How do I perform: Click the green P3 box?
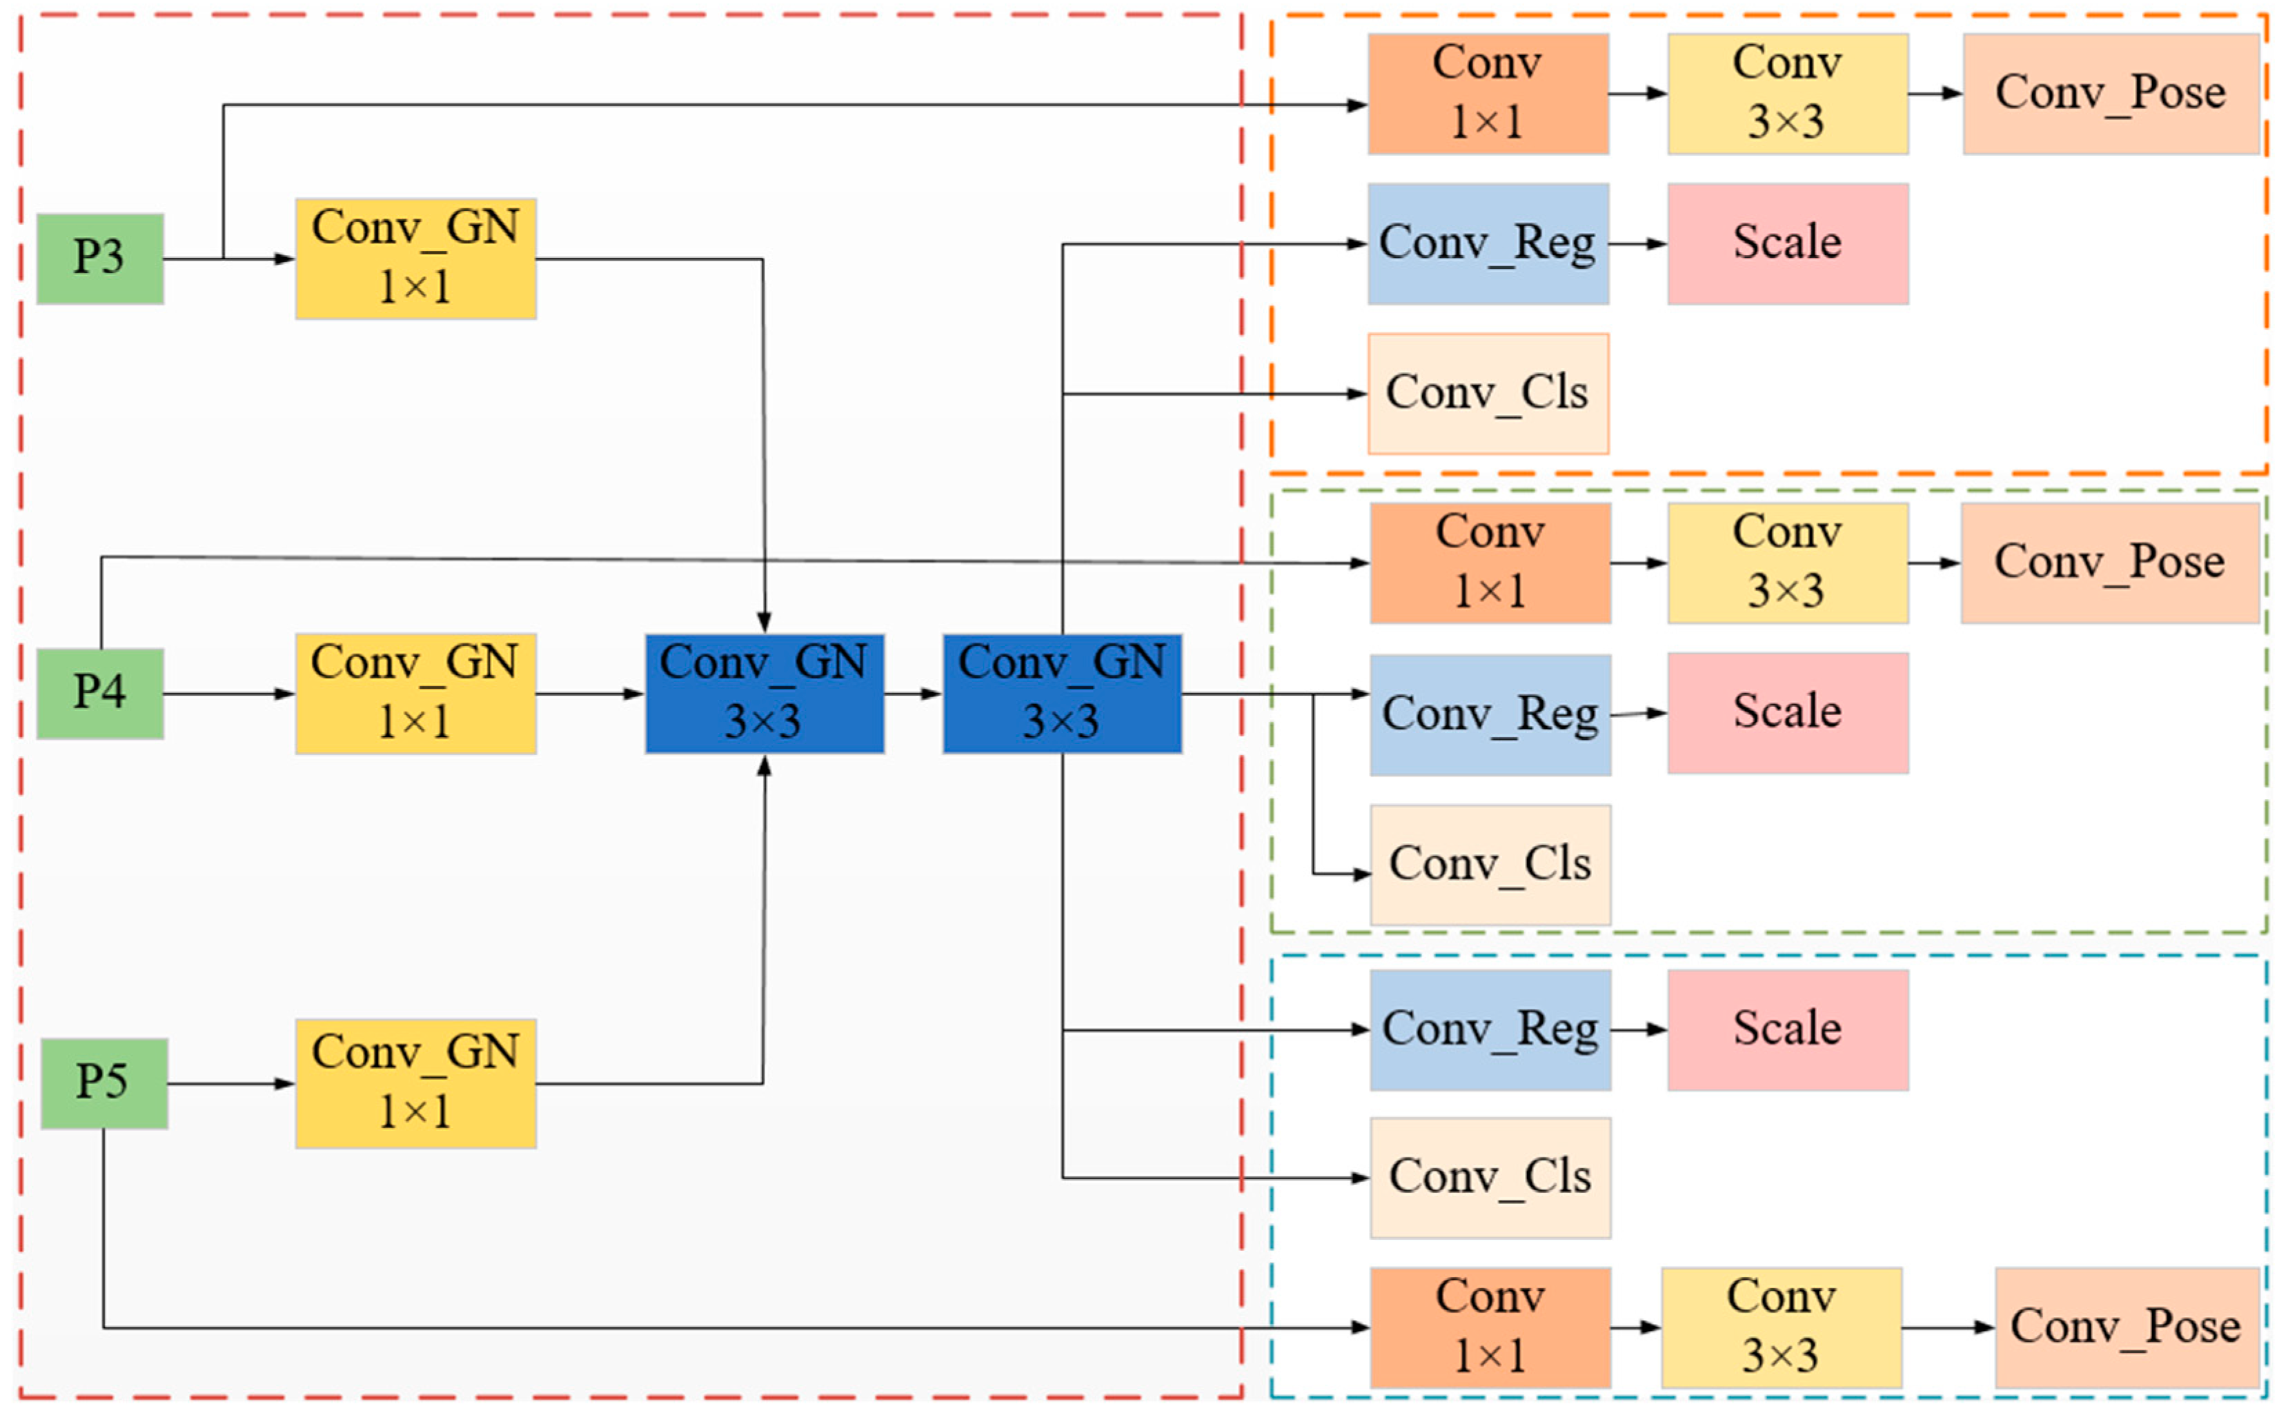(100, 259)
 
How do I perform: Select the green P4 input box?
(100, 694)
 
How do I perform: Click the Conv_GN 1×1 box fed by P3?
(415, 259)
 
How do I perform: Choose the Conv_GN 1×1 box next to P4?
(415, 694)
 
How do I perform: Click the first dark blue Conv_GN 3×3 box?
(764, 694)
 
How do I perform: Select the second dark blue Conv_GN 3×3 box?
(1062, 694)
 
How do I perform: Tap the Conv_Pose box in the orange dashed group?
(2110, 94)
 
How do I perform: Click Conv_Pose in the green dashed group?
(2109, 563)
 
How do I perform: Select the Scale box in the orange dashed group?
(1787, 243)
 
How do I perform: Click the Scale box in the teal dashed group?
(1787, 1030)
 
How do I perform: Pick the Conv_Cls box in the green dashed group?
(1490, 865)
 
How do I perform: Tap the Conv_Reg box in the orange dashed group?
(1488, 243)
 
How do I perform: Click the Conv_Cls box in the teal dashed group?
(1490, 1177)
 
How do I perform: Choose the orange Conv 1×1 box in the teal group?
(1490, 1327)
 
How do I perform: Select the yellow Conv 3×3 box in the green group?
(1787, 563)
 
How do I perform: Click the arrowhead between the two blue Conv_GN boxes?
(931, 694)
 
